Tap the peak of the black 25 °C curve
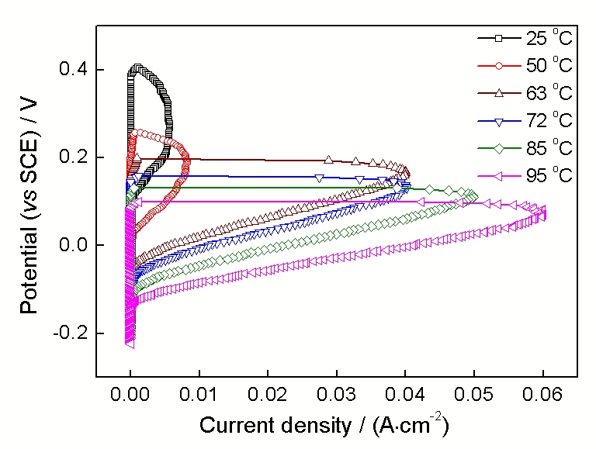pyautogui.click(x=137, y=68)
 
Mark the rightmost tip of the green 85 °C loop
pyautogui.click(x=474, y=196)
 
